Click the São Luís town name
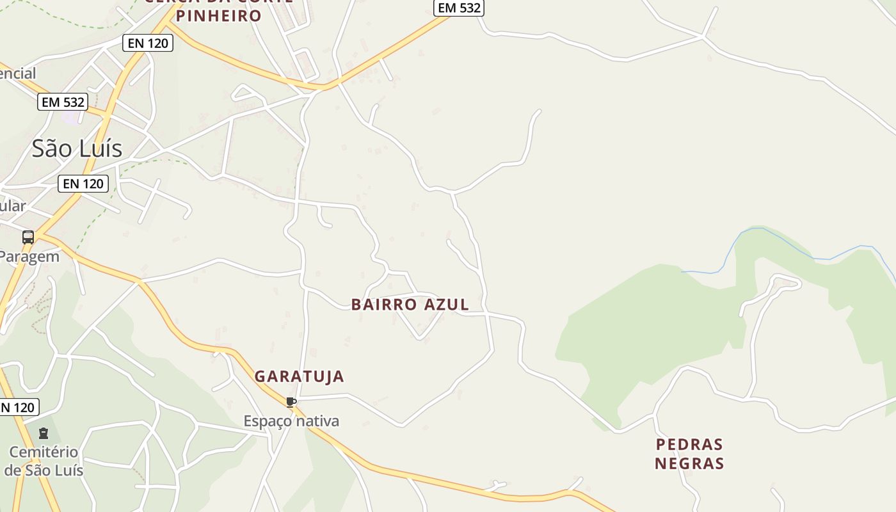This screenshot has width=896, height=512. click(x=77, y=148)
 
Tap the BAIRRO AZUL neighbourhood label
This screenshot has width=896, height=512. click(x=410, y=305)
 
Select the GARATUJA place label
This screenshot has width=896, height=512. click(x=300, y=376)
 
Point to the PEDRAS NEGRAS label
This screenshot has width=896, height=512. click(x=689, y=454)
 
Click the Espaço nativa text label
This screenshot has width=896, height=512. click(x=291, y=421)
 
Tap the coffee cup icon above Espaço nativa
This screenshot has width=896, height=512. click(x=291, y=402)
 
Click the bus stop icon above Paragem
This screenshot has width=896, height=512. click(x=28, y=237)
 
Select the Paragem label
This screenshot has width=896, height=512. click(x=29, y=257)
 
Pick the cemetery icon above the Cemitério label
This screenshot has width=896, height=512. click(x=44, y=433)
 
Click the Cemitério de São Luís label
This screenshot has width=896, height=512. click(x=44, y=461)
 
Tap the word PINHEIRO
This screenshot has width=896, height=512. click(x=219, y=15)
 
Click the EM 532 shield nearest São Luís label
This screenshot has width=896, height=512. click(x=62, y=102)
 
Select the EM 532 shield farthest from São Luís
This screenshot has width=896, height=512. click(x=458, y=8)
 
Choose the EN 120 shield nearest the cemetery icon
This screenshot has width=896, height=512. click(x=17, y=407)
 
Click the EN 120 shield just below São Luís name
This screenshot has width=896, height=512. click(x=83, y=184)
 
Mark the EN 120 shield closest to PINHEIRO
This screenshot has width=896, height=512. click(x=148, y=43)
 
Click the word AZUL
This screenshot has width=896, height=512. click(x=445, y=305)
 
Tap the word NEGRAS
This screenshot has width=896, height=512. click(x=689, y=463)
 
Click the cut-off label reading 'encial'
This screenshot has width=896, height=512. click(x=17, y=74)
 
